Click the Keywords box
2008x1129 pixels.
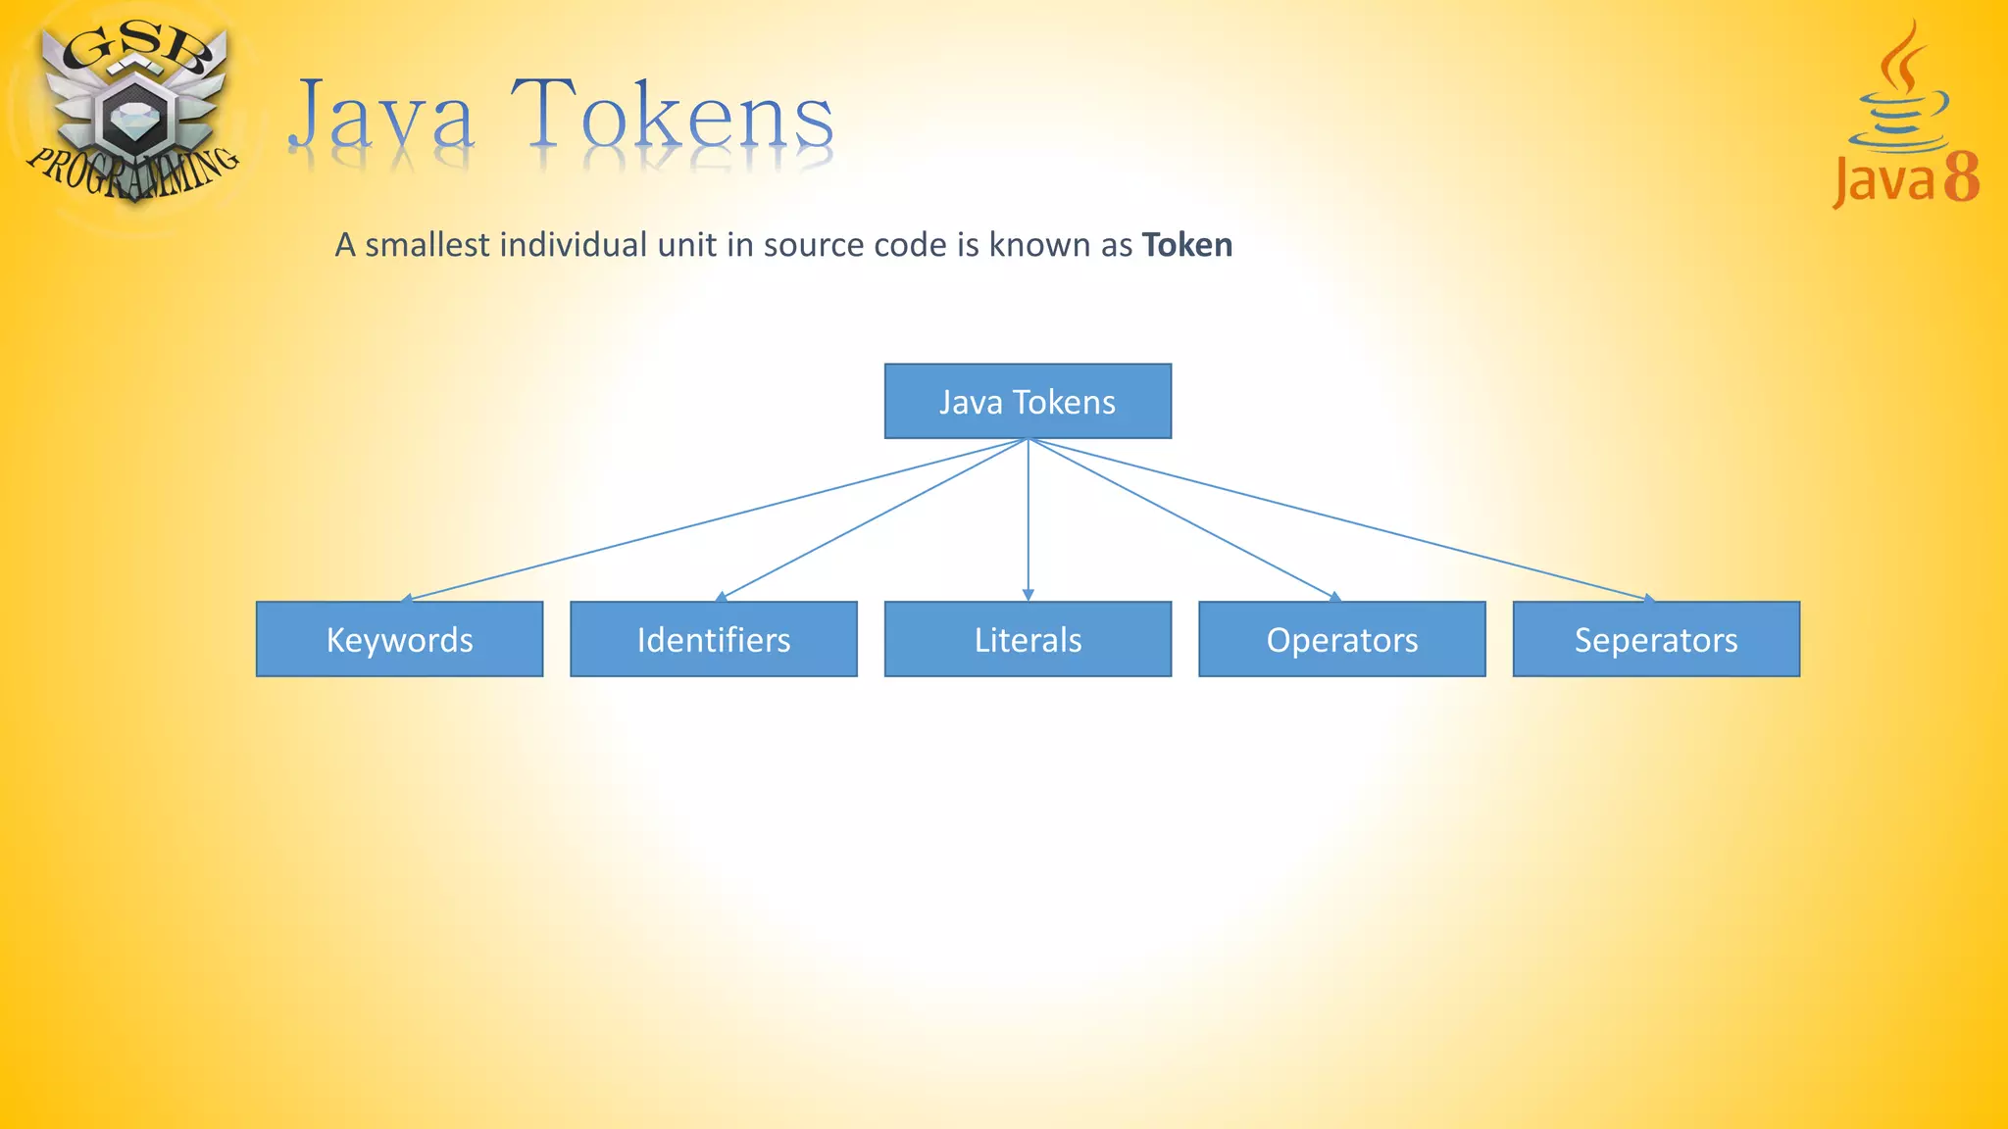pyautogui.click(x=399, y=639)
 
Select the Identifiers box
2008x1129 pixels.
pyautogui.click(x=713, y=639)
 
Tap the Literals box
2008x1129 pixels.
pyautogui.click(x=1028, y=639)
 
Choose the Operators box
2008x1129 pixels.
pyautogui.click(x=1341, y=639)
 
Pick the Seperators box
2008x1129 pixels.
pyautogui.click(x=1656, y=639)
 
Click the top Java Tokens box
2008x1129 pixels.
pyautogui.click(x=1028, y=401)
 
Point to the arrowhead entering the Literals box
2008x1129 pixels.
pyautogui.click(x=1028, y=595)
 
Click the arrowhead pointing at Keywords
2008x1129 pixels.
pyautogui.click(x=407, y=597)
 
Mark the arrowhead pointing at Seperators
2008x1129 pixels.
pyautogui.click(x=1649, y=597)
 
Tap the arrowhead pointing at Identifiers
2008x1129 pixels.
pyautogui.click(x=722, y=596)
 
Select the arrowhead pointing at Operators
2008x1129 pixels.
pyautogui.click(x=1334, y=596)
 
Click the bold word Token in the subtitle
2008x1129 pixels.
pyautogui.click(x=1186, y=245)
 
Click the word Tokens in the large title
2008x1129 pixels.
pyautogui.click(x=672, y=118)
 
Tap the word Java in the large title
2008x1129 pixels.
pyautogui.click(x=382, y=118)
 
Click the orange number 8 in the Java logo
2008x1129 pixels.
pyautogui.click(x=1962, y=178)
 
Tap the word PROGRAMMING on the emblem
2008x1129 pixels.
pyautogui.click(x=132, y=172)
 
